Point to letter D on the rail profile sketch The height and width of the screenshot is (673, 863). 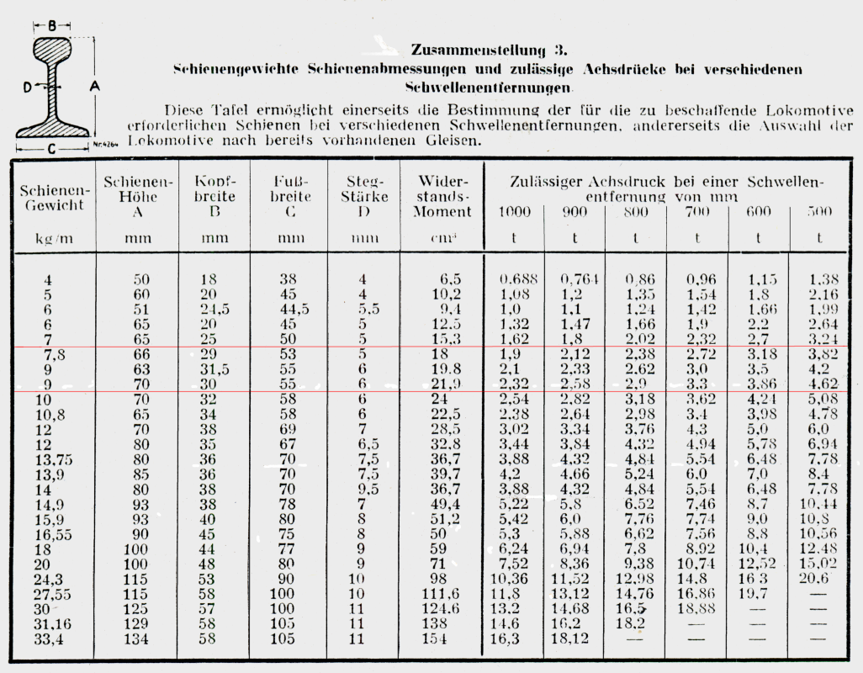28,87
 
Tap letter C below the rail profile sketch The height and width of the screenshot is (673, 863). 52,150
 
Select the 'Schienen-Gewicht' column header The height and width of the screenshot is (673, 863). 53,198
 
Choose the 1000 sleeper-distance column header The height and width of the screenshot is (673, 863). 514,212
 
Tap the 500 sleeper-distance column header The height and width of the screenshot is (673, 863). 818,212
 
